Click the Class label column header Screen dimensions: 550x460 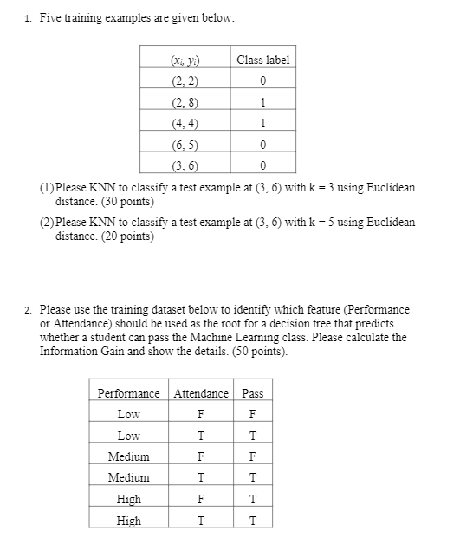click(262, 60)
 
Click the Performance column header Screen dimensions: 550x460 click(128, 393)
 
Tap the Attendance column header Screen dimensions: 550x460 click(201, 393)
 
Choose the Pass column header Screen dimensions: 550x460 click(252, 393)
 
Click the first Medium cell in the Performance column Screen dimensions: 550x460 click(128, 456)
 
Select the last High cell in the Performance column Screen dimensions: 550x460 click(128, 521)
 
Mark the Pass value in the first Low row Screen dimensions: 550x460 click(252, 414)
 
